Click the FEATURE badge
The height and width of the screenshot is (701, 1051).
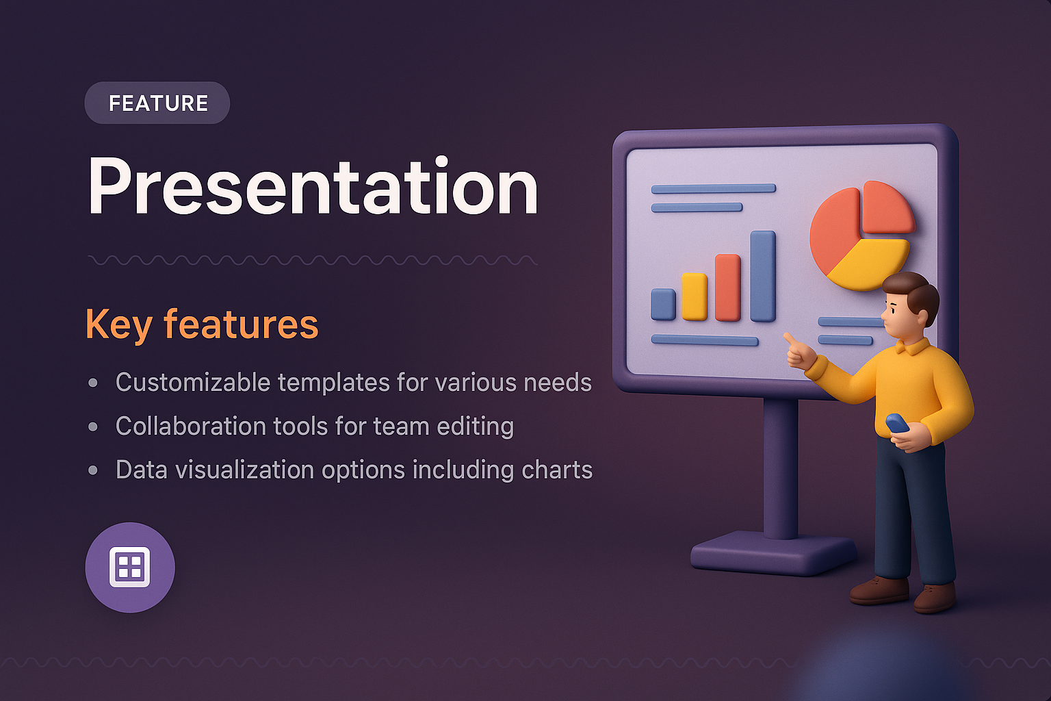point(157,103)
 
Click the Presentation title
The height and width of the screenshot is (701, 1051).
point(313,187)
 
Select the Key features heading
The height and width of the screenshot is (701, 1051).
point(202,324)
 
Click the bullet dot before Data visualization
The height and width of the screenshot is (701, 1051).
point(93,470)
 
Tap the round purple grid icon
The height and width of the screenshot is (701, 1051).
point(130,568)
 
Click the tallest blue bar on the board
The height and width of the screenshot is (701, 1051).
point(762,276)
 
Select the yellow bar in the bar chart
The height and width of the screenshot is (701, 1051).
point(695,296)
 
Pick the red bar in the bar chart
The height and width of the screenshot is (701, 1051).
point(728,288)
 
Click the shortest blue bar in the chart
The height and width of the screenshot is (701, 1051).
point(663,304)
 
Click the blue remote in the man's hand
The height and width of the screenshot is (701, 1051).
point(897,423)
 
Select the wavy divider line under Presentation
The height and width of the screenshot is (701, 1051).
point(313,260)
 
